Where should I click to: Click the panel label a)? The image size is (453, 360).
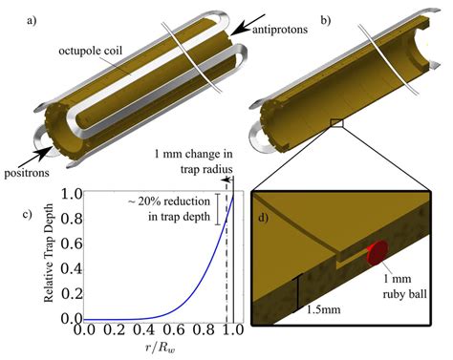[x=12, y=14]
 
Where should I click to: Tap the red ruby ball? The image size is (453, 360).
[x=377, y=252]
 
